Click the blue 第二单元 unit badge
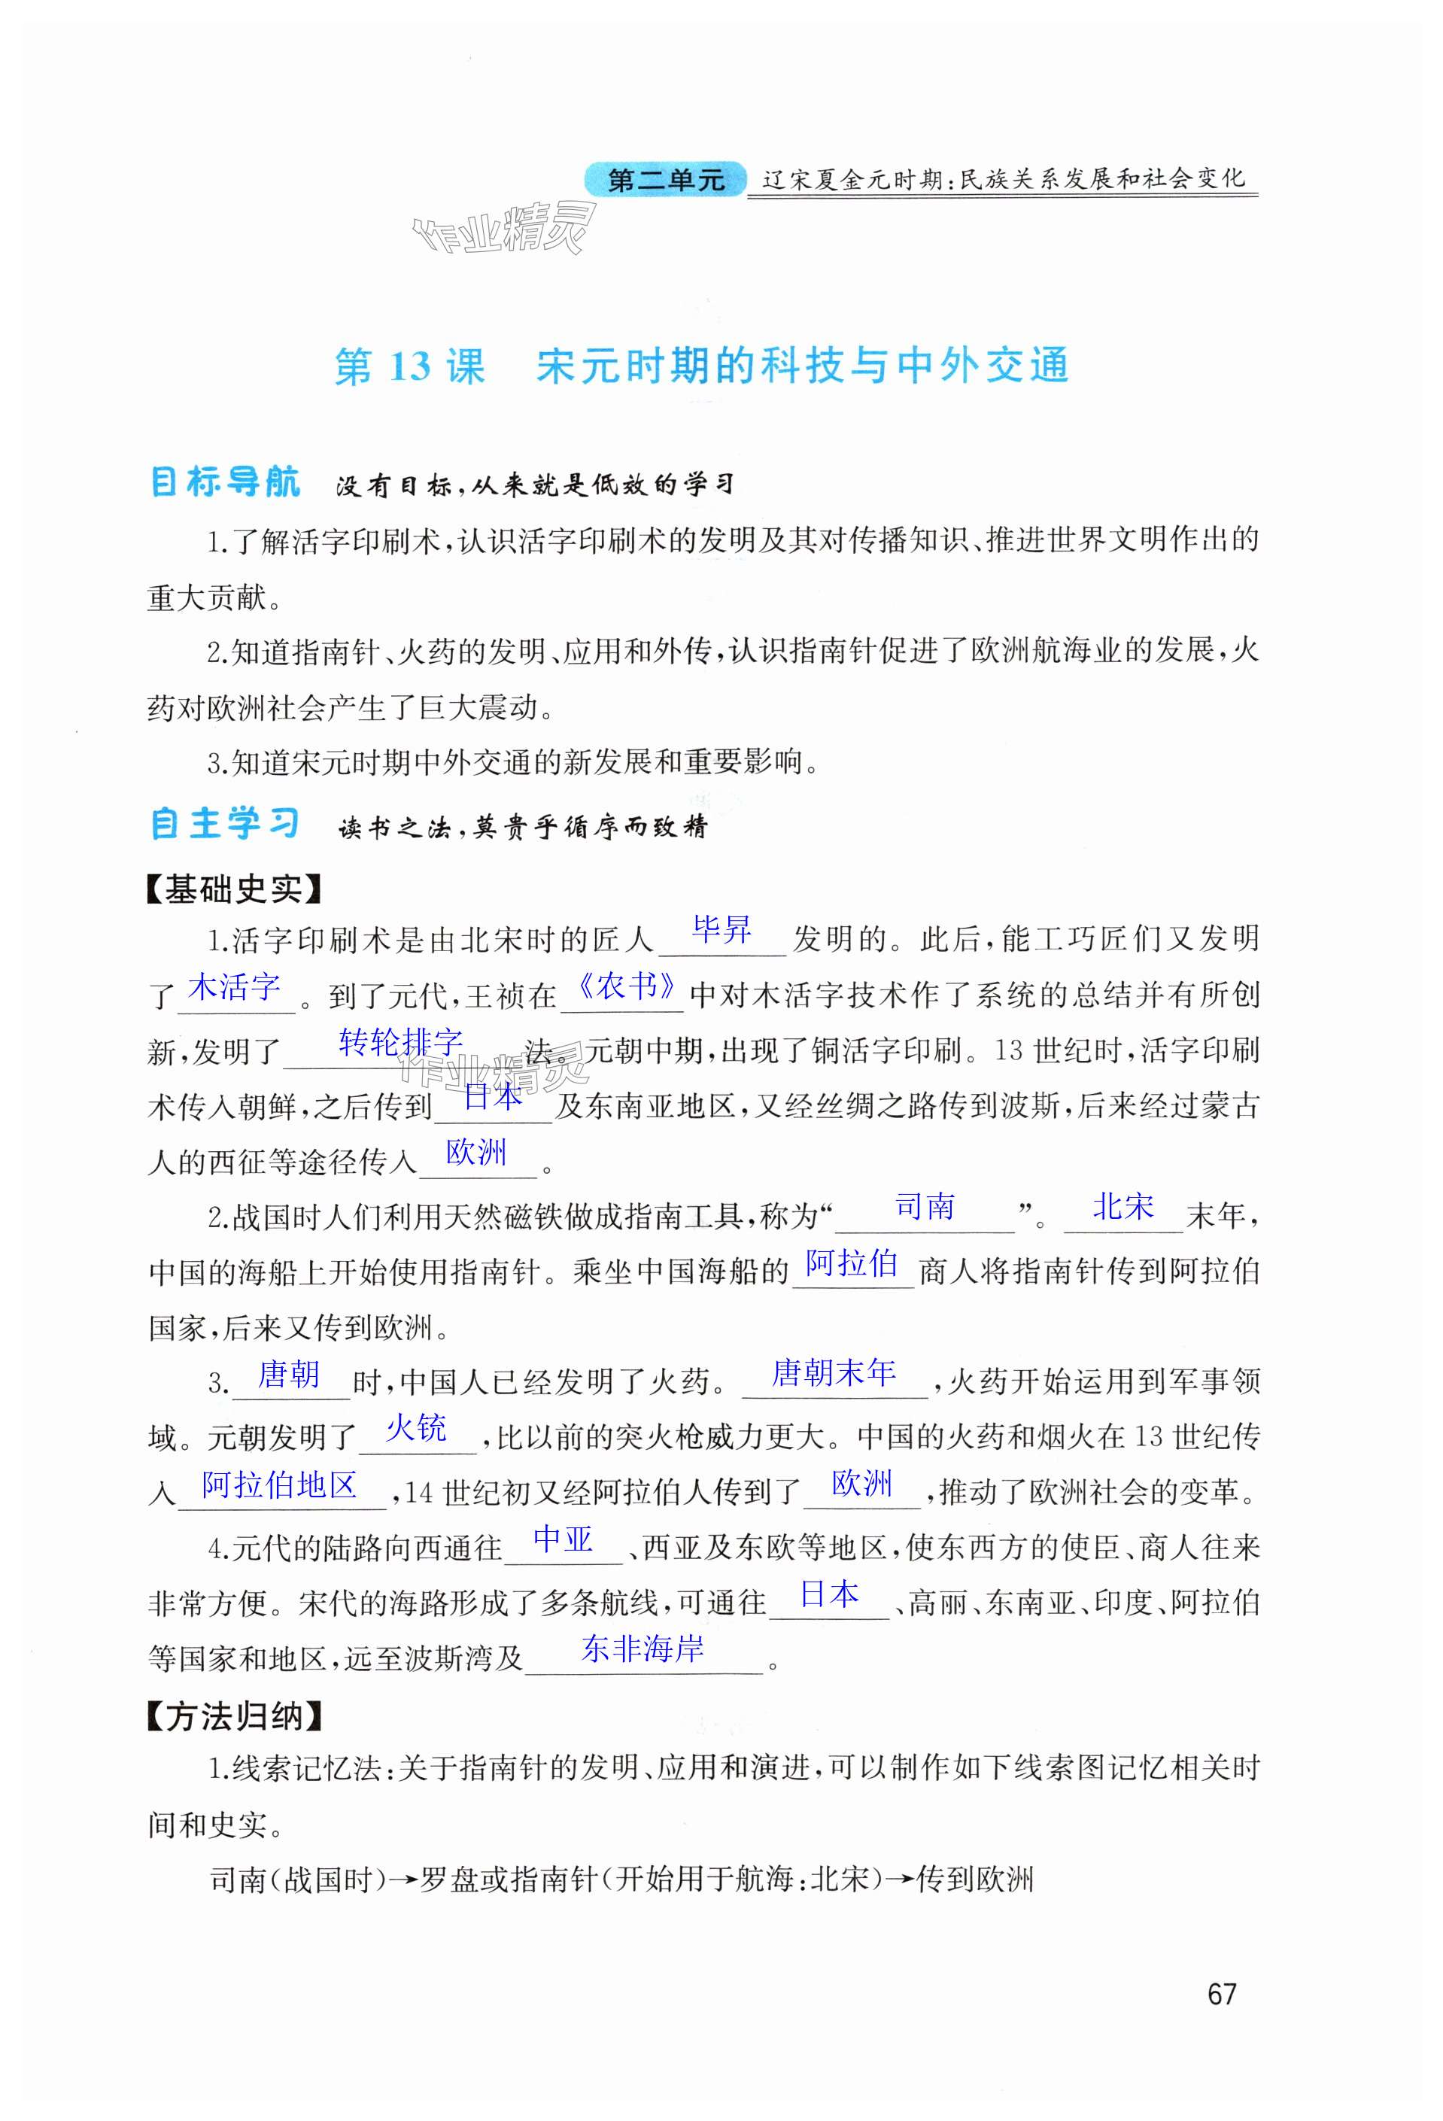(x=664, y=180)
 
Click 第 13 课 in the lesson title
(x=409, y=367)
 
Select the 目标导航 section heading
(x=224, y=482)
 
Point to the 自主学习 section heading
(x=224, y=824)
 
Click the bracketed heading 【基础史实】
(x=234, y=889)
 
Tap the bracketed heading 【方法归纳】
(x=234, y=1717)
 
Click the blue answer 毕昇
(x=721, y=930)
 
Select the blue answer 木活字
(x=234, y=986)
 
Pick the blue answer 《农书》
(x=629, y=986)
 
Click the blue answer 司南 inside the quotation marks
(x=925, y=1207)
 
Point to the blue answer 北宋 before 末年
(x=1123, y=1207)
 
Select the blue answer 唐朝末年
(x=834, y=1372)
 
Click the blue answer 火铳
(x=416, y=1428)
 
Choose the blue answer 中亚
(x=564, y=1539)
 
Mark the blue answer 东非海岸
(x=643, y=1649)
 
